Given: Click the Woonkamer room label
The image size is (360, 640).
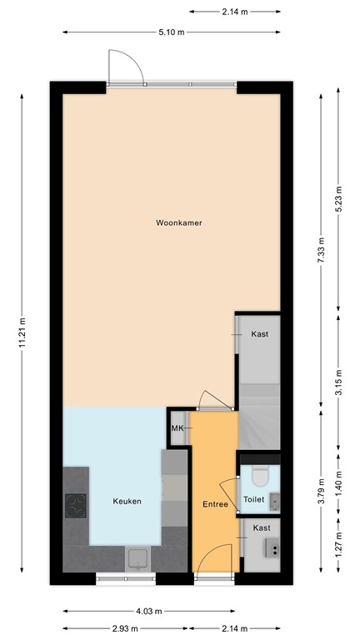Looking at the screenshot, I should [179, 222].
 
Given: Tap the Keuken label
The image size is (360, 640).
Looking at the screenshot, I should [127, 501].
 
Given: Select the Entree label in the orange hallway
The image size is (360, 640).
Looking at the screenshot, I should [215, 504].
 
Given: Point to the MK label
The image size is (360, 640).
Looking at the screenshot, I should [177, 428].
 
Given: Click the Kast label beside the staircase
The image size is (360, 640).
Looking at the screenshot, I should [260, 333].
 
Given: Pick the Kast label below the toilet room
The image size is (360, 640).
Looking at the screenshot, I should [262, 527].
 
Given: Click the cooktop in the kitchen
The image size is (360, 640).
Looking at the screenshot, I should [76, 505].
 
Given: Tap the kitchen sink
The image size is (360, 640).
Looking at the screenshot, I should [137, 557].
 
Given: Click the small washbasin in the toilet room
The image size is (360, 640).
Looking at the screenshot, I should [274, 499].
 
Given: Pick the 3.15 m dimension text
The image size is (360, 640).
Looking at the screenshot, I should [337, 385].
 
